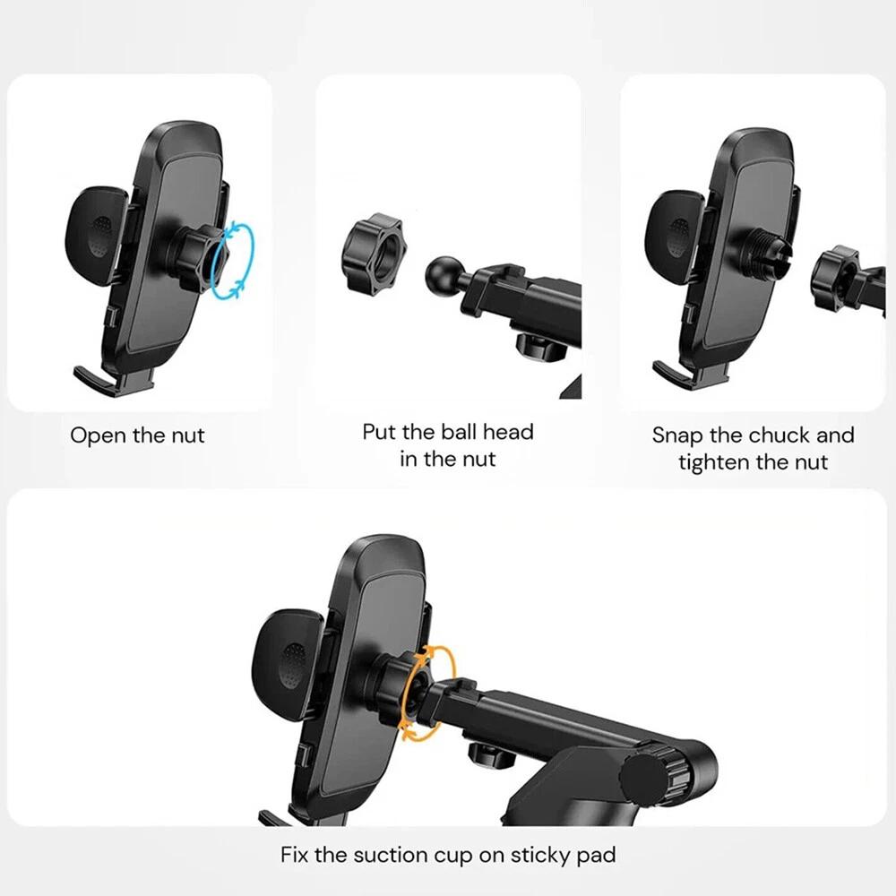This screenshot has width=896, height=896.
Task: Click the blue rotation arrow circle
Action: click(252, 260)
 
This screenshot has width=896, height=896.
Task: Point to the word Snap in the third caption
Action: click(677, 435)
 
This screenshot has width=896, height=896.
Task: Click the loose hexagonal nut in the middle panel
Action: click(373, 254)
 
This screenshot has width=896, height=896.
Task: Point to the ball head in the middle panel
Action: click(444, 276)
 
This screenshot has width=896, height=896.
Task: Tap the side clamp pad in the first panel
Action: click(96, 236)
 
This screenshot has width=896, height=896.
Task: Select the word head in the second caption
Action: click(509, 432)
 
